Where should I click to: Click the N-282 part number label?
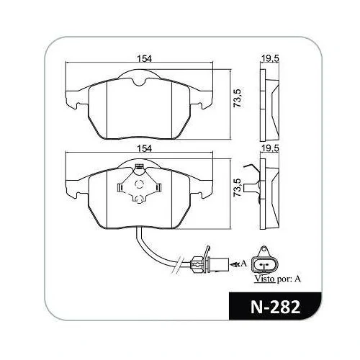[x=275, y=307]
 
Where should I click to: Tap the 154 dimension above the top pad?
[x=144, y=58]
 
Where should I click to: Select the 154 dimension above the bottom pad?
[x=144, y=148]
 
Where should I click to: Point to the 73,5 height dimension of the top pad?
[x=238, y=98]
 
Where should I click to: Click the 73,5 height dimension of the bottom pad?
[x=238, y=187]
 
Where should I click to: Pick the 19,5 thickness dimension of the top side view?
[x=270, y=58]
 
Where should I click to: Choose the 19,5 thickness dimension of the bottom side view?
[x=270, y=148]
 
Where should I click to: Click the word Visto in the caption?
[x=264, y=279]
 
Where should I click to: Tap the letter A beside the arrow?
[x=243, y=264]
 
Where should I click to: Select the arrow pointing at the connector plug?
[x=235, y=264]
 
